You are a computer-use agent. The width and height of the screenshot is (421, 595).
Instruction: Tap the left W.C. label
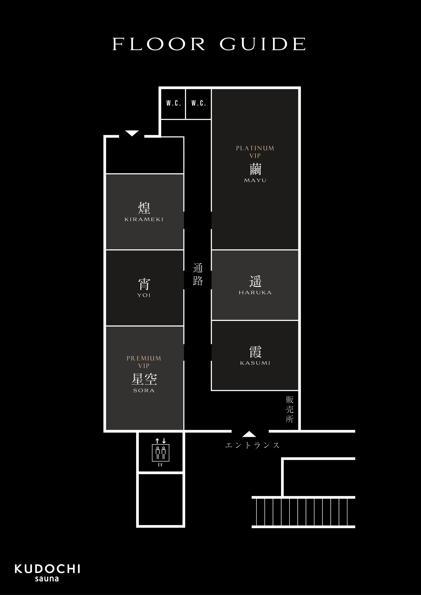pos(173,103)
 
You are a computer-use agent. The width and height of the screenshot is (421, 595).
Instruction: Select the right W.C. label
pos(199,103)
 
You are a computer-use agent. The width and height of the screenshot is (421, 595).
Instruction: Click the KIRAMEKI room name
pos(144,219)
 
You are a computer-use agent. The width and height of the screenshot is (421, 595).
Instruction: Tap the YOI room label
pos(144,295)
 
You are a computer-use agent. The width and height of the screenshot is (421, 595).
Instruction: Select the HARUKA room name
pos(255,293)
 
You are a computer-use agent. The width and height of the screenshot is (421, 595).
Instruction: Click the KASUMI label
pos(255,363)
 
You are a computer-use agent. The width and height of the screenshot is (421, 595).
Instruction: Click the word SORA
pos(144,391)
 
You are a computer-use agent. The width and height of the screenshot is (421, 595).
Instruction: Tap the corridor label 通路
pos(198,274)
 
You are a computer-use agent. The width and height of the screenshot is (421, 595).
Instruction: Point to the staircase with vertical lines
pos(303,512)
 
